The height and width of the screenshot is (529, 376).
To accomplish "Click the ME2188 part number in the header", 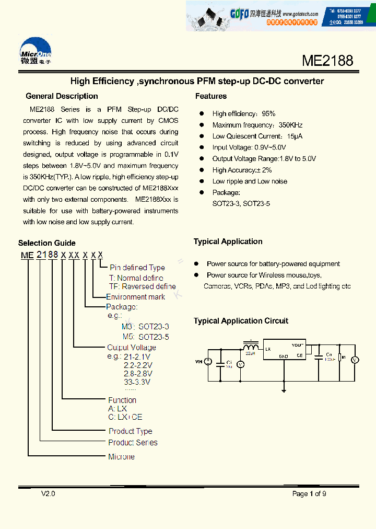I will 327,61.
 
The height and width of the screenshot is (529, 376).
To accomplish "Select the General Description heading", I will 62,96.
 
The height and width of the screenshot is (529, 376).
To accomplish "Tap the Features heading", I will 211,96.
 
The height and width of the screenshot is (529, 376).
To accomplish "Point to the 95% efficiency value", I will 269,113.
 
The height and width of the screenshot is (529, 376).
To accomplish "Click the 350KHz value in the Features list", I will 291,125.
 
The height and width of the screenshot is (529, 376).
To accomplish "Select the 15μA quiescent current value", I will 295,136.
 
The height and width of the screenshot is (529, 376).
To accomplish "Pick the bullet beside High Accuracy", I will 201,170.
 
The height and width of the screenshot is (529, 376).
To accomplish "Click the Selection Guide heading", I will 47,243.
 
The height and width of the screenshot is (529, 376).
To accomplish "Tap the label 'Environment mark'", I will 136,297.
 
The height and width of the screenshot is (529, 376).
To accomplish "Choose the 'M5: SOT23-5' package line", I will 146,337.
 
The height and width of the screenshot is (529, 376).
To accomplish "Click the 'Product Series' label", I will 133,443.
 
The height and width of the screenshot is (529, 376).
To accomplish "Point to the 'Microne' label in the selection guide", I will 121,457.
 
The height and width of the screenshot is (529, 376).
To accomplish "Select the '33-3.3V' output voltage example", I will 137,382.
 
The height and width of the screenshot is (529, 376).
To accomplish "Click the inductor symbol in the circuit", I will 251,347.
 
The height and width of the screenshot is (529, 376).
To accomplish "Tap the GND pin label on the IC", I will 284,356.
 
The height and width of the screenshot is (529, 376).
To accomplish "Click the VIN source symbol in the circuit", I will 207,361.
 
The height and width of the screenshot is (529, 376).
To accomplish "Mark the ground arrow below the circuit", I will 284,389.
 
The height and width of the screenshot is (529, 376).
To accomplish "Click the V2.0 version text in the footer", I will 48,494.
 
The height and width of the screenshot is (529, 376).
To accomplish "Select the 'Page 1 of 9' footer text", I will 309,494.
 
